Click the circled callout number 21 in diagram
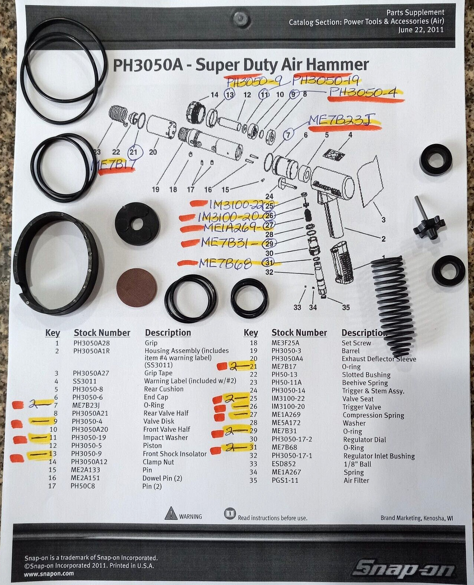pyautogui.click(x=134, y=152)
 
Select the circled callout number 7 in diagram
pyautogui.click(x=289, y=134)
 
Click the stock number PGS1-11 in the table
pyautogui.click(x=284, y=480)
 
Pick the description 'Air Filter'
pyautogui.click(x=356, y=480)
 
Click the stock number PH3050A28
pyautogui.click(x=92, y=343)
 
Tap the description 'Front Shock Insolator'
pyautogui.click(x=175, y=454)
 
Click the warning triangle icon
pyautogui.click(x=171, y=513)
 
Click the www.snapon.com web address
pyautogui.click(x=49, y=574)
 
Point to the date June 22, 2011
pyautogui.click(x=421, y=30)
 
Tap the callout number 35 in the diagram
pyautogui.click(x=346, y=307)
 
